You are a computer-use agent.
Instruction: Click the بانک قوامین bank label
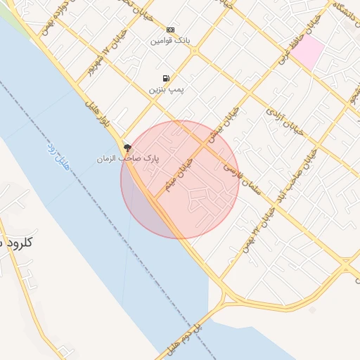tap(170, 40)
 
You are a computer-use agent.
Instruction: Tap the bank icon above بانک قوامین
tap(170, 30)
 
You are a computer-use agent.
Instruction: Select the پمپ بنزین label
tap(165, 90)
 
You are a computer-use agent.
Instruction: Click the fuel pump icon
tap(165, 79)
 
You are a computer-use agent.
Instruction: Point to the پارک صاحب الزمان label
tap(128, 159)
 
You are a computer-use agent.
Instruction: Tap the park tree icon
tap(127, 148)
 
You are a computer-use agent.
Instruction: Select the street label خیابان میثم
tap(179, 174)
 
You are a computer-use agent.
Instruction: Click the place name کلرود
tap(21, 242)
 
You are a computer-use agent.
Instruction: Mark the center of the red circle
tap(180, 179)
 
